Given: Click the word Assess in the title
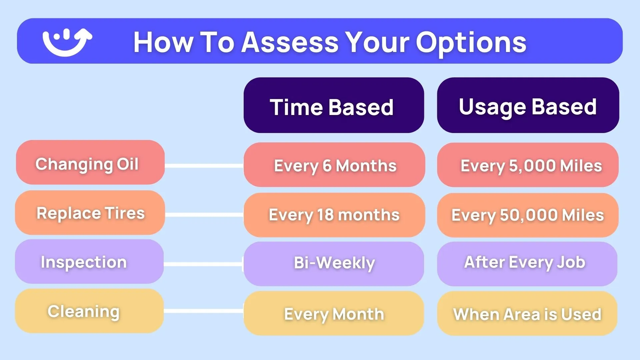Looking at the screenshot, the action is coord(290,42).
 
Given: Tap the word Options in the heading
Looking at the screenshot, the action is coord(471,43).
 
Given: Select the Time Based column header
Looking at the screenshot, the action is coord(334,105).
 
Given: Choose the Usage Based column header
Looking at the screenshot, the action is coord(528,105).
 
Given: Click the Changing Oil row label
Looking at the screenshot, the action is coord(90,162).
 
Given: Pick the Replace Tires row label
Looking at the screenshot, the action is coord(90,213).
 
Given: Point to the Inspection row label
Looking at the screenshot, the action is coord(89,262).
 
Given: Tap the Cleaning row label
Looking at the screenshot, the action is coord(89,311).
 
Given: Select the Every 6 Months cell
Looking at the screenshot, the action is coord(334,165).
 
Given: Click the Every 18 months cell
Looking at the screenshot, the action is coord(334,215).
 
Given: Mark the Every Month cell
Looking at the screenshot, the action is coord(334,313).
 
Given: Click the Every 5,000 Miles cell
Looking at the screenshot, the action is coord(528,165).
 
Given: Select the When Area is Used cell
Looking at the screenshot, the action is coord(527,313).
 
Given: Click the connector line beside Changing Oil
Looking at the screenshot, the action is coord(204,166).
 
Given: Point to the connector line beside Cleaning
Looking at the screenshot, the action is coord(204,311).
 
